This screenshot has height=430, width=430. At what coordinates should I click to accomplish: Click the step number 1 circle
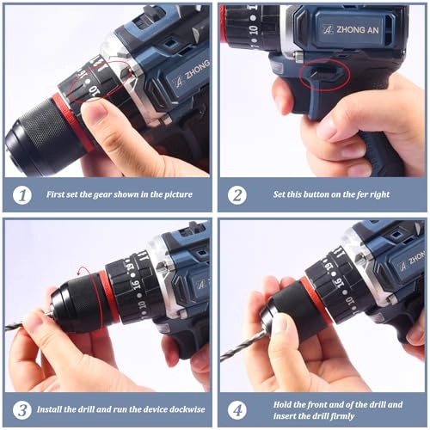pyautogui.click(x=21, y=195)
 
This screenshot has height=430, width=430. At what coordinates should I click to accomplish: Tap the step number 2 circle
pyautogui.click(x=236, y=195)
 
